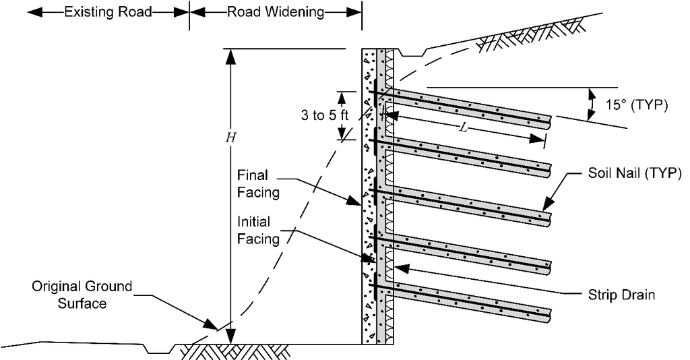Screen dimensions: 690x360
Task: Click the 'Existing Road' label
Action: tap(108, 12)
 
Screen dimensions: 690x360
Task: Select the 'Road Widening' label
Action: tap(276, 12)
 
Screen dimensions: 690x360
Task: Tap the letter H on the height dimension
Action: tap(230, 138)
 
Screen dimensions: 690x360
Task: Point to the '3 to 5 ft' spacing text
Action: tap(325, 115)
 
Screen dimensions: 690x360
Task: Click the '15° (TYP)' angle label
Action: tap(636, 105)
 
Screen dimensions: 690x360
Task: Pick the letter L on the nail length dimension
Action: tap(463, 127)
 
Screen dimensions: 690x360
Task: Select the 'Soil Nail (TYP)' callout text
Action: tap(635, 173)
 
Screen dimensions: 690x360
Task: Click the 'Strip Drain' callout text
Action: tap(621, 295)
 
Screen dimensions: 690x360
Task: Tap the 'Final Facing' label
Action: tap(258, 184)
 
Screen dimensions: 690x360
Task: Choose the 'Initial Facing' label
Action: tap(258, 230)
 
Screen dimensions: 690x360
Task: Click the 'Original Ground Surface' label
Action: tap(82, 295)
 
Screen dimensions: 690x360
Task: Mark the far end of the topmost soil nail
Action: tap(550, 123)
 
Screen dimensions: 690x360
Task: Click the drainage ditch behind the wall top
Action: tap(412, 53)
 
